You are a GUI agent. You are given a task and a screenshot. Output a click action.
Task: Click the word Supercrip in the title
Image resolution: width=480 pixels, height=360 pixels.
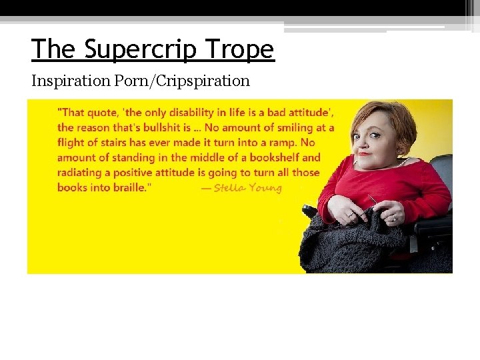pos(141,50)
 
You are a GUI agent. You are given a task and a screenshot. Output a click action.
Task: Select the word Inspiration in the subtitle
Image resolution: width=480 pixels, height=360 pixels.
pos(71,81)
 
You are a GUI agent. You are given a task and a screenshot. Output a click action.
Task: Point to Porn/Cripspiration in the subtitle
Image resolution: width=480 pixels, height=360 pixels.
pos(181,81)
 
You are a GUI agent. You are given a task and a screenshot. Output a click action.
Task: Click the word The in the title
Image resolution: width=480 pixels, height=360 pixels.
pos(53,49)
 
